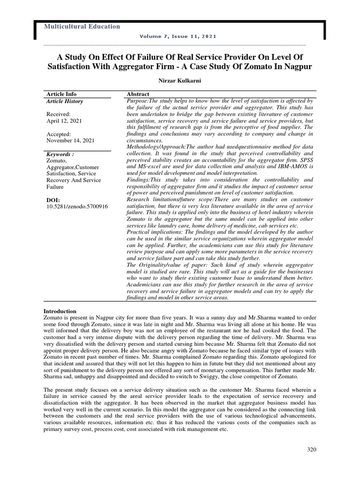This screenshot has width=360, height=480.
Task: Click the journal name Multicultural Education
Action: (82, 27)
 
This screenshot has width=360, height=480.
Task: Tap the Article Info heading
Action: (61, 94)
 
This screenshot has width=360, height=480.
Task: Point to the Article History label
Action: (65, 101)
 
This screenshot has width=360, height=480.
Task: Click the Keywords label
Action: (60, 154)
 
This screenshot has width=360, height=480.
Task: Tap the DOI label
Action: (53, 200)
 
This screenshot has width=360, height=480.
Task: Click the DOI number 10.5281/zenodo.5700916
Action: (77, 206)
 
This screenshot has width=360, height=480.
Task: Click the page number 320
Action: (312, 450)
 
